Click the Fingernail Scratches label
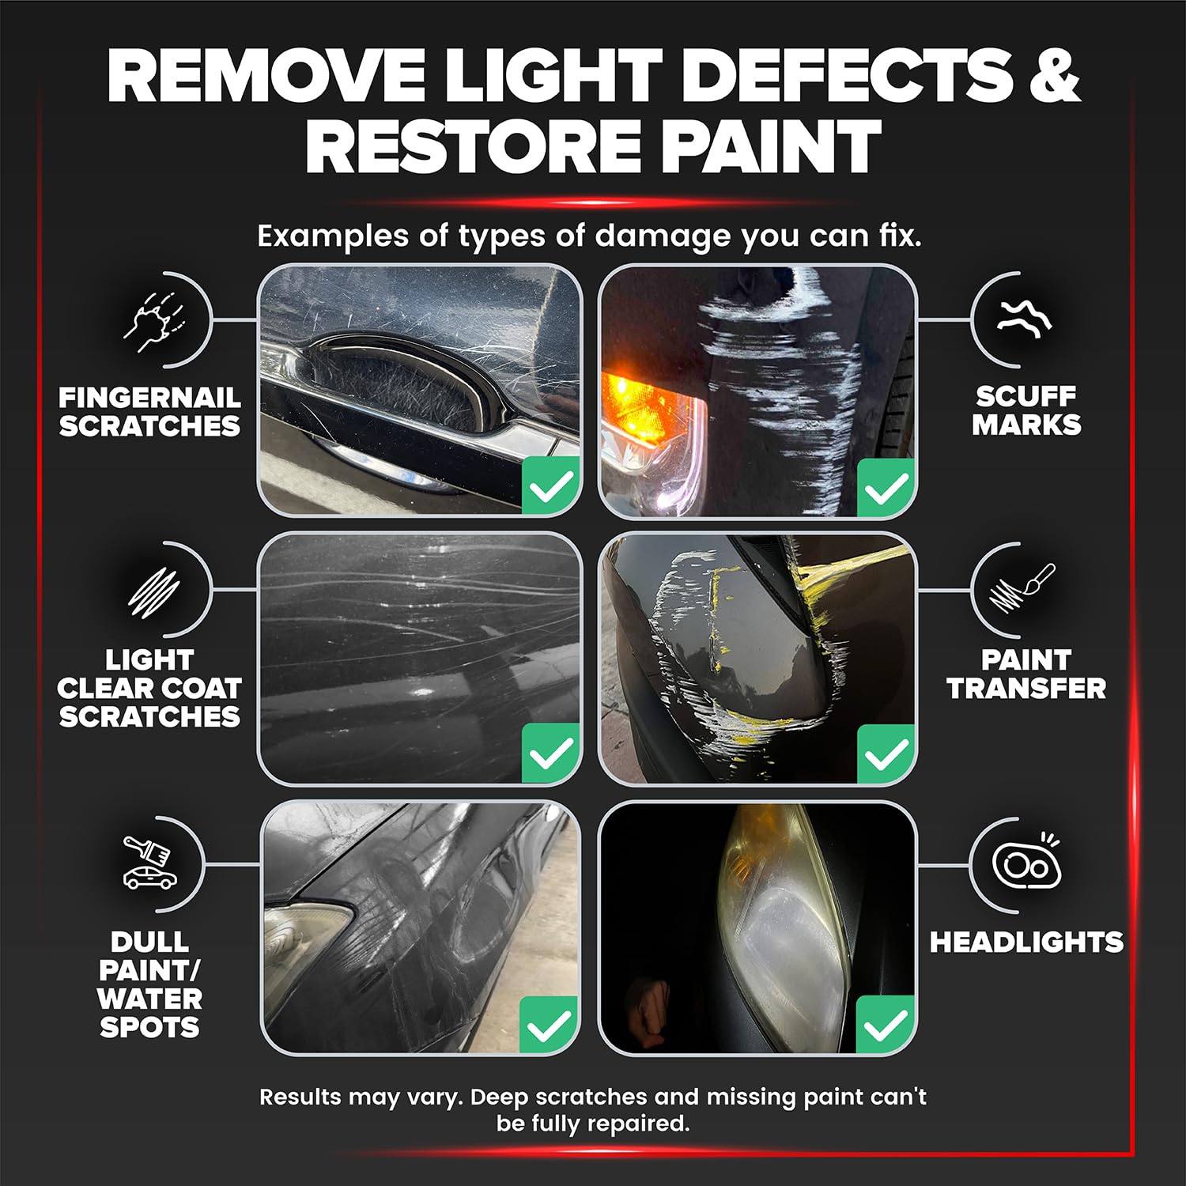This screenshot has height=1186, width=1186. click(149, 411)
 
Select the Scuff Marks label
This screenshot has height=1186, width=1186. click(1026, 410)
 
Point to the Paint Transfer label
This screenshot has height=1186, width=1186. click(1026, 674)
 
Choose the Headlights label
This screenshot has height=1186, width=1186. click(1026, 942)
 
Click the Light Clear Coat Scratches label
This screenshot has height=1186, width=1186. click(149, 688)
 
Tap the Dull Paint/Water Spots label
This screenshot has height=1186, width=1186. click(149, 984)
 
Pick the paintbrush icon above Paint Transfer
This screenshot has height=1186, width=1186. click(1022, 589)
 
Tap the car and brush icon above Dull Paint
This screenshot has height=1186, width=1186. click(149, 862)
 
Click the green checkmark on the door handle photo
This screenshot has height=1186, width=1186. click(551, 485)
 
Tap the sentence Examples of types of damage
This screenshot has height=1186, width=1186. click(589, 236)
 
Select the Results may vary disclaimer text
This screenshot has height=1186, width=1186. click(593, 1109)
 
